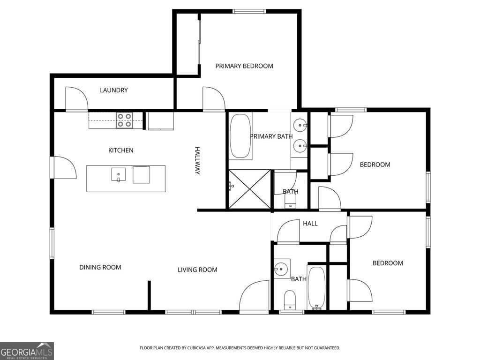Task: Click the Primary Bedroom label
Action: click(x=244, y=66)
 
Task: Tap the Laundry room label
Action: click(x=113, y=90)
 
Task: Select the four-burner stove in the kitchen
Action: click(x=125, y=120)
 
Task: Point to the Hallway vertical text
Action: click(x=197, y=161)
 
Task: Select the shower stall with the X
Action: click(x=249, y=189)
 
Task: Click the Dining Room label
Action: click(x=100, y=267)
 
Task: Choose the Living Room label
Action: click(x=197, y=270)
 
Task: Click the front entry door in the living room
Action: click(x=254, y=297)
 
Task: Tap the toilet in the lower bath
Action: click(x=290, y=300)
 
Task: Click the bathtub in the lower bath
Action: click(x=316, y=287)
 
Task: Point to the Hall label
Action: click(x=310, y=224)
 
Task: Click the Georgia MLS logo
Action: click(x=27, y=351)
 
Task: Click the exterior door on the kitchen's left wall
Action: click(x=63, y=167)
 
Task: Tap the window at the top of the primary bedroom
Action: click(x=249, y=11)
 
